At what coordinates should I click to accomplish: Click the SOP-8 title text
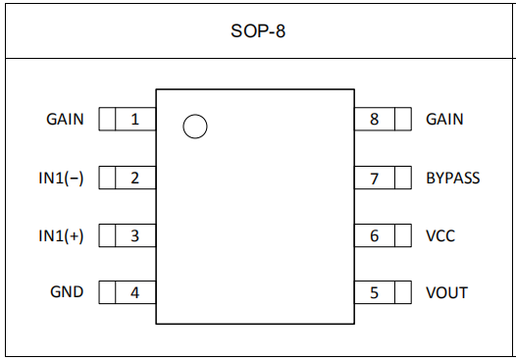(x=257, y=30)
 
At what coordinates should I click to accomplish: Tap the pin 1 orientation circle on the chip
(x=195, y=127)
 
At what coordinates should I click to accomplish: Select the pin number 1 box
(x=135, y=120)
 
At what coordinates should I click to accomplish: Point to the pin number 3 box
(x=135, y=235)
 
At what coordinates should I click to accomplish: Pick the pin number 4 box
(x=135, y=292)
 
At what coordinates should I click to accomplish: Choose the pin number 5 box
(x=375, y=292)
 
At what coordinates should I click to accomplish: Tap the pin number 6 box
(x=375, y=235)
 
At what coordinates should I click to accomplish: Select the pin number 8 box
(x=375, y=120)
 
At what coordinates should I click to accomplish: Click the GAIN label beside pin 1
(x=65, y=120)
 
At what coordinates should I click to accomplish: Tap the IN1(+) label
(x=61, y=235)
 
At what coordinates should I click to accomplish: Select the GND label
(x=67, y=292)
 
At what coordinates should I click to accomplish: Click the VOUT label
(x=446, y=292)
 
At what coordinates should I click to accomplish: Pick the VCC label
(x=440, y=235)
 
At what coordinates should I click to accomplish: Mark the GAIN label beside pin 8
(x=444, y=120)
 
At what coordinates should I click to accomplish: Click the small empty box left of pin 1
(x=107, y=120)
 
